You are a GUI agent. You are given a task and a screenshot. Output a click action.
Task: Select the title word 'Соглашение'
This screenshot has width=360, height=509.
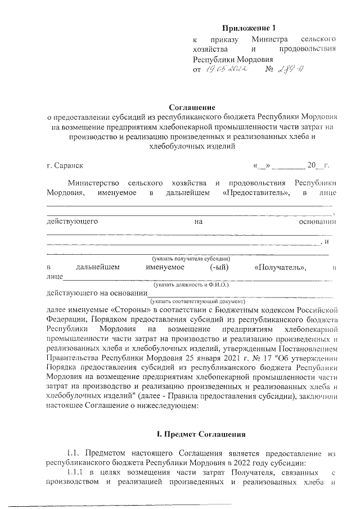click(191, 107)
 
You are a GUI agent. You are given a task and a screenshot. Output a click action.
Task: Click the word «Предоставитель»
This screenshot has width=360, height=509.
click(256, 193)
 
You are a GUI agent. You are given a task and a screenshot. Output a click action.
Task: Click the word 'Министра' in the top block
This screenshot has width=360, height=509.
click(270, 39)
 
